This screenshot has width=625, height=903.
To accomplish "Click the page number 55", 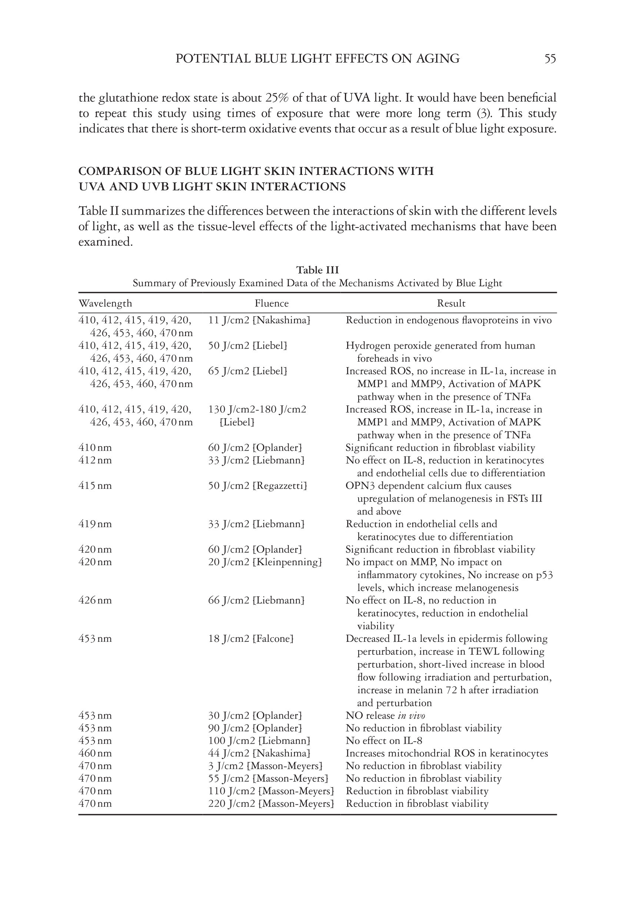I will (550, 59).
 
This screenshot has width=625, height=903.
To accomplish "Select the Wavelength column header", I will (105, 303).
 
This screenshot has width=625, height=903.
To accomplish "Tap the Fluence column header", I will (272, 303).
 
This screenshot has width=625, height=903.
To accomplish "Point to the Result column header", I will (451, 303).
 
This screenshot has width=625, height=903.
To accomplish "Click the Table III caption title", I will (317, 270).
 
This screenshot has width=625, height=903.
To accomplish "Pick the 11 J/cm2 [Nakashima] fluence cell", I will (259, 320).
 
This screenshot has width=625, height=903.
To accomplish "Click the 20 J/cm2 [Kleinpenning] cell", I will (265, 562).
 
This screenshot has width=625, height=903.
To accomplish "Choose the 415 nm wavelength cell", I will (95, 486).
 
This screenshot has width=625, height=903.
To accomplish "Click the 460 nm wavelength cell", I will (95, 753).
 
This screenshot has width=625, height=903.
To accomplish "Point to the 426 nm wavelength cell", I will (95, 600).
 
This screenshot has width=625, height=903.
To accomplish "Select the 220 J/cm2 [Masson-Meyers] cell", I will (271, 804).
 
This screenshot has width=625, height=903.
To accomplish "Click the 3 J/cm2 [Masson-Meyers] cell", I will (265, 766).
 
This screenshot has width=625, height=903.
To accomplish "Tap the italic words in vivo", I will (411, 716).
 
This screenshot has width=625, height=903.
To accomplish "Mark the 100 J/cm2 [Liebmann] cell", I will (259, 740).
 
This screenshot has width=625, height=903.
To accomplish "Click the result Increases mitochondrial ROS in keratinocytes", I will (447, 753).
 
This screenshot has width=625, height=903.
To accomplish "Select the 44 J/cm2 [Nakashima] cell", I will (259, 753).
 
